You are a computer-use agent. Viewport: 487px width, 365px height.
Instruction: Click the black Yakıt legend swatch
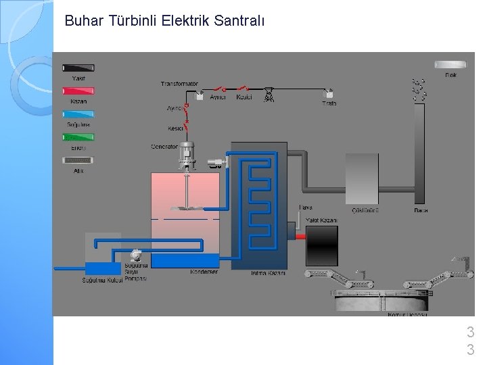[x=78, y=68]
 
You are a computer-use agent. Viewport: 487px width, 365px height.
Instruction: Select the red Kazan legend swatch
[x=78, y=91]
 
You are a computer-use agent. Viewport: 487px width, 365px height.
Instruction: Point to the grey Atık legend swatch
[x=78, y=160]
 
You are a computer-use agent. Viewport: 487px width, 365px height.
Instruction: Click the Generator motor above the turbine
[x=187, y=154]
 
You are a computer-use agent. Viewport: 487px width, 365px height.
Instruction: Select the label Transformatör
[x=179, y=84]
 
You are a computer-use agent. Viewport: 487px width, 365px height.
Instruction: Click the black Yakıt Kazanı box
[x=322, y=245]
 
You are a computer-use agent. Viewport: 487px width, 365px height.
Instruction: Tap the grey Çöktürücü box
[x=362, y=178]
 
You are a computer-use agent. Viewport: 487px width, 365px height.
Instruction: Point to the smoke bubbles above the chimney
[x=419, y=90]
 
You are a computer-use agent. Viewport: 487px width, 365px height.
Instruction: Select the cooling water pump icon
[x=135, y=255]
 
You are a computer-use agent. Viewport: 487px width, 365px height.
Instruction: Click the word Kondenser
[x=204, y=272]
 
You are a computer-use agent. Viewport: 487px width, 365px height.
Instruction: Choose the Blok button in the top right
[x=450, y=65]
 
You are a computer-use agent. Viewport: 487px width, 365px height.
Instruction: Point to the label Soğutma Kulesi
[x=101, y=280]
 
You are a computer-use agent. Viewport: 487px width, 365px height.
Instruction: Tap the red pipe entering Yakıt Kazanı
[x=300, y=236]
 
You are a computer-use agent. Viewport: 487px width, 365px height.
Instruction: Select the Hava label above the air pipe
[x=306, y=208]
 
